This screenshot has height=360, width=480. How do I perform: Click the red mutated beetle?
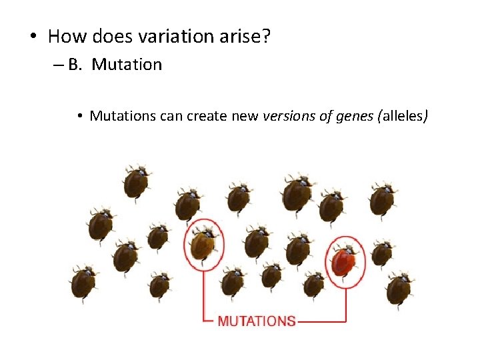coord(344,261)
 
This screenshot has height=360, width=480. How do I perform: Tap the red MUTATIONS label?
coord(256,321)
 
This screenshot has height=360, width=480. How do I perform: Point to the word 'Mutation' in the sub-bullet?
coord(127,65)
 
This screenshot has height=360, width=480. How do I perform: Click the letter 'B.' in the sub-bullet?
coord(75,65)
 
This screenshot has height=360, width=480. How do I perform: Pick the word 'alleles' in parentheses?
coord(403,116)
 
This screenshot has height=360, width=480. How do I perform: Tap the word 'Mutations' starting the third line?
coord(123,116)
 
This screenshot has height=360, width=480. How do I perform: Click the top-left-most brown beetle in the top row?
coord(136,180)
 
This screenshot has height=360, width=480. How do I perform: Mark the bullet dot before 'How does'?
coord(33,37)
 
